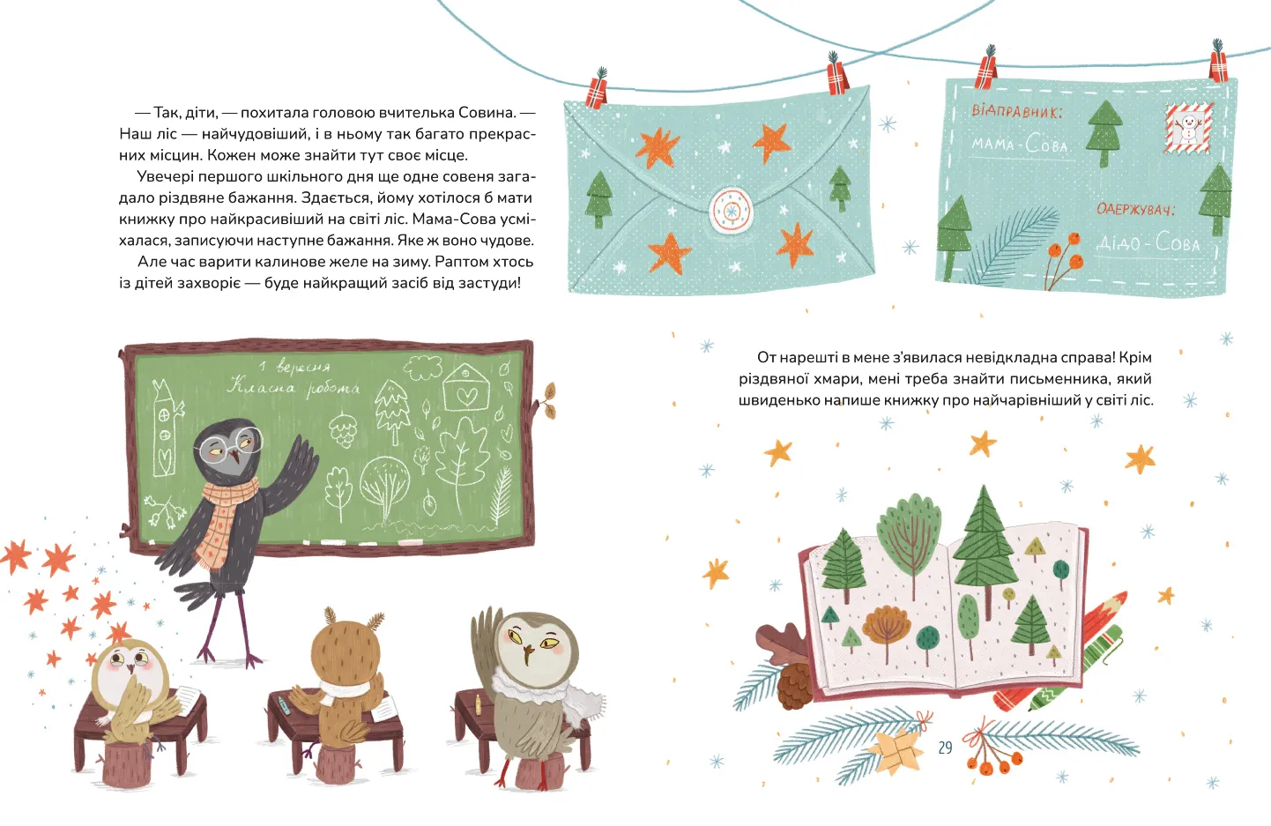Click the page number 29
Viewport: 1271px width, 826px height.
pos(945,748)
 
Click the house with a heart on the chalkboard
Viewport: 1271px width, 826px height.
pos(466,388)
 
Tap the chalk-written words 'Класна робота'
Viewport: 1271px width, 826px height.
pos(293,388)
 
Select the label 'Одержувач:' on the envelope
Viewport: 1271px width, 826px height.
pos(1135,209)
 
